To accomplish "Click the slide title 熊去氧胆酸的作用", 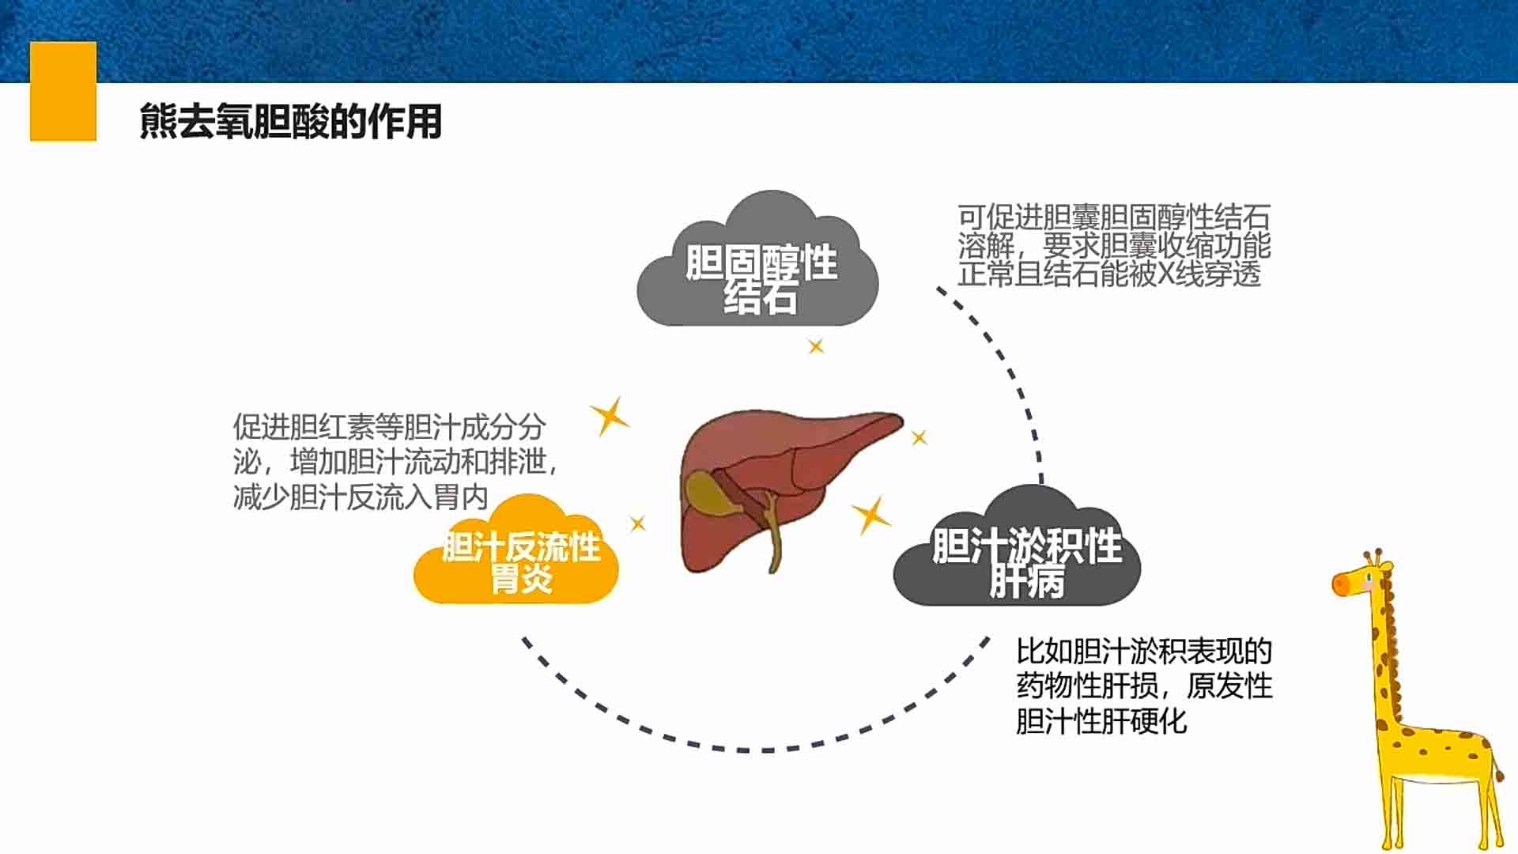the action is (x=290, y=122).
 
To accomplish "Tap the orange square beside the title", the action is (x=63, y=92).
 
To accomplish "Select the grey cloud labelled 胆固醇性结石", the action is (x=757, y=259).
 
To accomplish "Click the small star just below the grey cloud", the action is (x=816, y=346).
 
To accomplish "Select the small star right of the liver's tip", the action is (x=919, y=437).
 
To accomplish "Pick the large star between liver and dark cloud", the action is (x=871, y=516).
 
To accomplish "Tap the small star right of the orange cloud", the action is (x=638, y=523).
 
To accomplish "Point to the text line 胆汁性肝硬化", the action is (x=1101, y=721).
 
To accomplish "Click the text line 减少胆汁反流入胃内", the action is (x=361, y=497).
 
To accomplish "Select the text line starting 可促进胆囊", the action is (x=1114, y=217).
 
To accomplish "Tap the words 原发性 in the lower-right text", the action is (x=1229, y=686).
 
